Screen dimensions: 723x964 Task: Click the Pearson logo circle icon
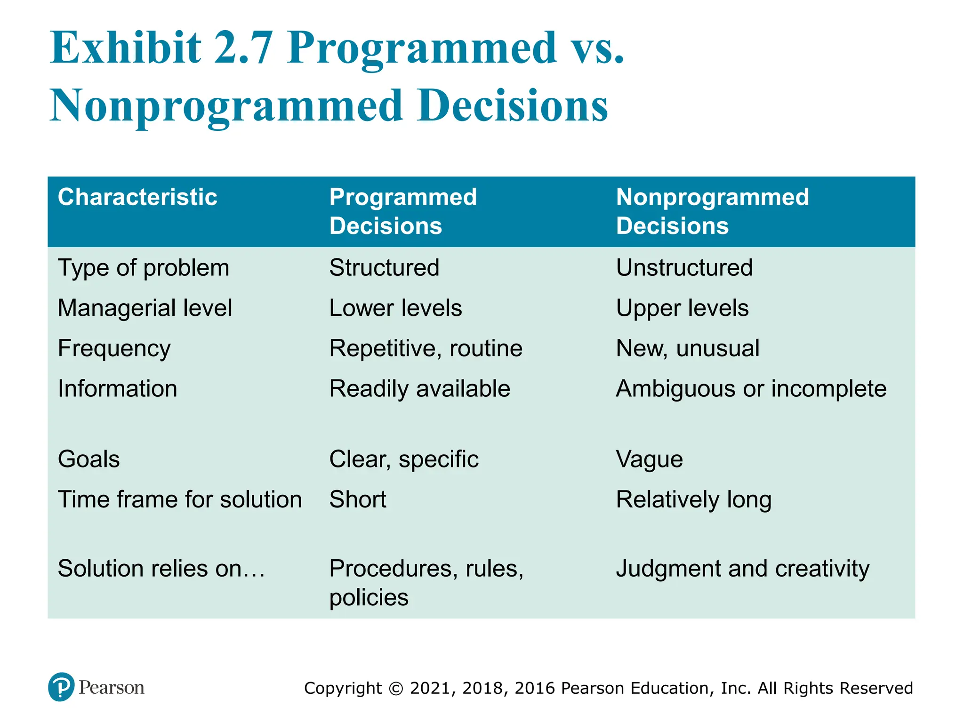click(61, 687)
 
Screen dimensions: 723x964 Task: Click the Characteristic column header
click(137, 197)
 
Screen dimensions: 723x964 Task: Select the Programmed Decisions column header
click(402, 211)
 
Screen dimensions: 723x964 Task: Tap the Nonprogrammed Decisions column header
click(712, 211)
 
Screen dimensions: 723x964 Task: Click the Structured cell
click(384, 267)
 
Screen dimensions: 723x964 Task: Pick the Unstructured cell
click(684, 267)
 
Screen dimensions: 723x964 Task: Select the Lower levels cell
click(395, 308)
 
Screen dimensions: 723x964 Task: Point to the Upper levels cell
click(682, 308)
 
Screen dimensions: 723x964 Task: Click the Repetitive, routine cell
click(426, 348)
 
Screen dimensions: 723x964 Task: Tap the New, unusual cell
click(687, 348)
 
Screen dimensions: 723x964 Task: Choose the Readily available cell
click(419, 389)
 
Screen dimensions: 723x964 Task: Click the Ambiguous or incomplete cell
click(751, 389)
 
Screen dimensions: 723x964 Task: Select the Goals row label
click(88, 459)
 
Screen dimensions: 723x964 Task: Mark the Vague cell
click(649, 459)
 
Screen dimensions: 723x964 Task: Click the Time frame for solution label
click(179, 499)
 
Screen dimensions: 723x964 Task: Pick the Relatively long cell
click(693, 499)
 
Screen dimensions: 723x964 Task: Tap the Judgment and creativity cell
click(742, 569)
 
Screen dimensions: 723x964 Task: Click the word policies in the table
click(369, 598)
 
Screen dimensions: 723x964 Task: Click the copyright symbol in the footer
click(396, 689)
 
